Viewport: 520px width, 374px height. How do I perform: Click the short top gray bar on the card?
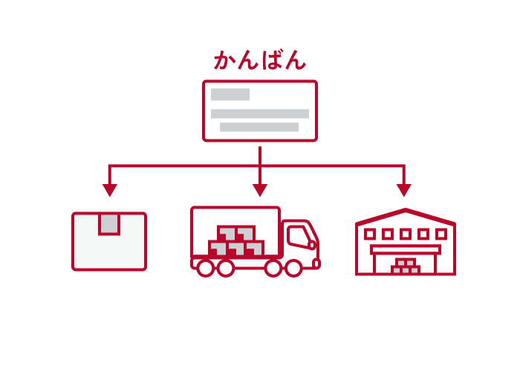click(230, 95)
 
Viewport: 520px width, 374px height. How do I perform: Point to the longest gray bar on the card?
click(260, 114)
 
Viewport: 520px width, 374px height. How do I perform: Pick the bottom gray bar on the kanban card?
click(259, 128)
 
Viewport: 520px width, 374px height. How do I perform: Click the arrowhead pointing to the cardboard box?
click(110, 190)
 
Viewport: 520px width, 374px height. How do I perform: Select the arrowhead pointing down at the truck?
click(260, 190)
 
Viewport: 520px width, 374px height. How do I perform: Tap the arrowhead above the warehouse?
click(404, 190)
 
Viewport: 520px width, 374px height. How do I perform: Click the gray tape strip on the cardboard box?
click(109, 223)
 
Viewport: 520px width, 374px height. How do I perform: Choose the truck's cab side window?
click(299, 234)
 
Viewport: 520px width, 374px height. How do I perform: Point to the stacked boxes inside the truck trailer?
click(236, 242)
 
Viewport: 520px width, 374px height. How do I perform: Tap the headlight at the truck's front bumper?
click(316, 263)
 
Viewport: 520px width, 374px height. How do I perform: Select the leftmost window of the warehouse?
click(370, 234)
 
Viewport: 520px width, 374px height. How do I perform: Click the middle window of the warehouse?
click(406, 234)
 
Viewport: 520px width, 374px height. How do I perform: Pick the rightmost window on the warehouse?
click(441, 234)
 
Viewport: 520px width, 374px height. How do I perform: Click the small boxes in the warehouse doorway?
click(406, 266)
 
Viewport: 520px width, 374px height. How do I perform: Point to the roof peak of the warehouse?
click(406, 211)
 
